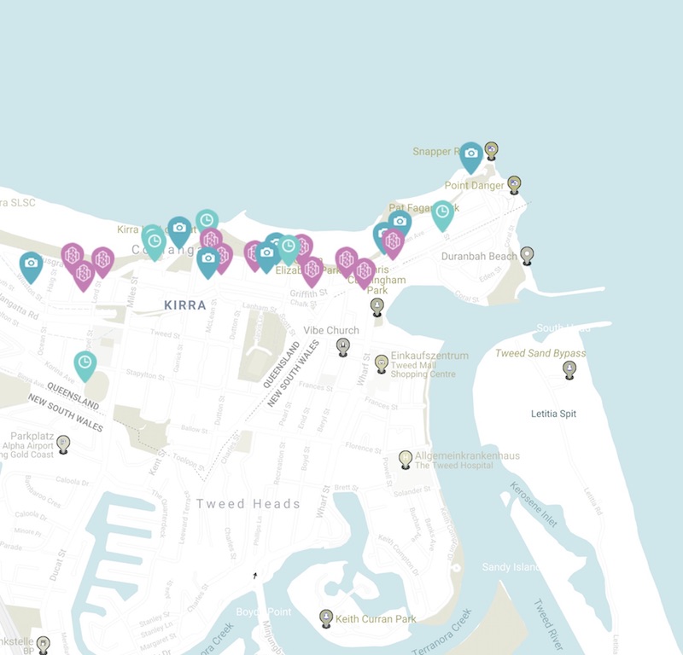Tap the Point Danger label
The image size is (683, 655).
474,185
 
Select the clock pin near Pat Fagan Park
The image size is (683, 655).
442,213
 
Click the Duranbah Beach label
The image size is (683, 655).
479,256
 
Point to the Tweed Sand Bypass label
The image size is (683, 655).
540,353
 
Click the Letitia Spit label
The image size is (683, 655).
553,414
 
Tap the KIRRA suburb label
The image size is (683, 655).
184,304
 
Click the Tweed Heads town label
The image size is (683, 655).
248,504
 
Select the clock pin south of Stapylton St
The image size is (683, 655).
85,364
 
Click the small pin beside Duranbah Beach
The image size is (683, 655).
527,254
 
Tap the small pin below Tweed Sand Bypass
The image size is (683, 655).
569,368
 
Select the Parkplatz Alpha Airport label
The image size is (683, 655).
28,445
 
